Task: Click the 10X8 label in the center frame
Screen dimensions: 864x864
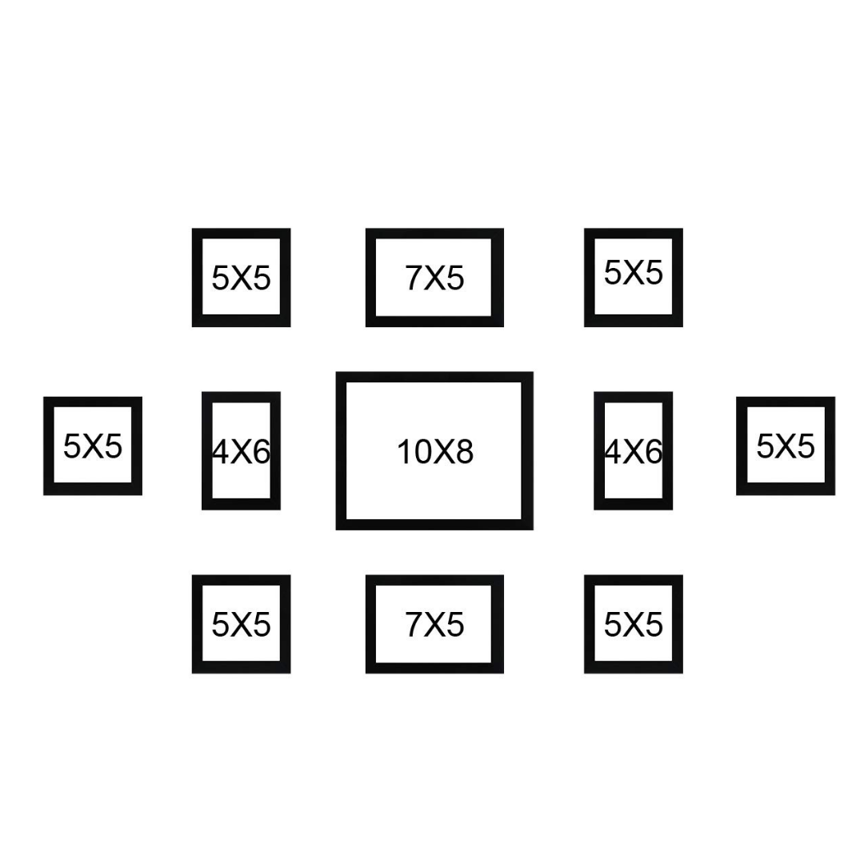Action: pyautogui.click(x=435, y=452)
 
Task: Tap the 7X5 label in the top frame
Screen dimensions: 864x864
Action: pyautogui.click(x=434, y=278)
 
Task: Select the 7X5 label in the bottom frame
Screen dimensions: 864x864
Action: pyautogui.click(x=434, y=625)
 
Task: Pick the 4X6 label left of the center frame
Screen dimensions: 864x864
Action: pyautogui.click(x=241, y=452)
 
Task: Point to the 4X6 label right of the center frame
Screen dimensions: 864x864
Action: pyautogui.click(x=633, y=452)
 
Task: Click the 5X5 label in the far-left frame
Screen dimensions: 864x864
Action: pyautogui.click(x=93, y=446)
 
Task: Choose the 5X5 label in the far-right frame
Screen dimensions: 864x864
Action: pyautogui.click(x=786, y=446)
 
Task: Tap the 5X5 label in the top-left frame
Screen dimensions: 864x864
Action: pyautogui.click(x=241, y=278)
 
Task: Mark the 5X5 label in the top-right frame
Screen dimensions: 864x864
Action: pyautogui.click(x=633, y=273)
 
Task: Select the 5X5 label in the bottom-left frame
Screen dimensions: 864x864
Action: pyautogui.click(x=241, y=625)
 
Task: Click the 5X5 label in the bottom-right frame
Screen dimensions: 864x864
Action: pyautogui.click(x=633, y=625)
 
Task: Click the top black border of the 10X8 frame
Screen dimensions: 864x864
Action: pyautogui.click(x=434, y=377)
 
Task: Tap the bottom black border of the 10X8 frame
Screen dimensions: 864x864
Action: pyautogui.click(x=434, y=524)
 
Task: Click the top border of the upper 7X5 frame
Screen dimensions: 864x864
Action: pyautogui.click(x=434, y=234)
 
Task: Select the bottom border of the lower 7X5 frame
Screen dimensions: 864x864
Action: pyautogui.click(x=434, y=668)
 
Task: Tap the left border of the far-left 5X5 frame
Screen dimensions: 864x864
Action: pyautogui.click(x=49, y=446)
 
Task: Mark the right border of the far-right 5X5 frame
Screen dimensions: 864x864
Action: pyautogui.click(x=830, y=446)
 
